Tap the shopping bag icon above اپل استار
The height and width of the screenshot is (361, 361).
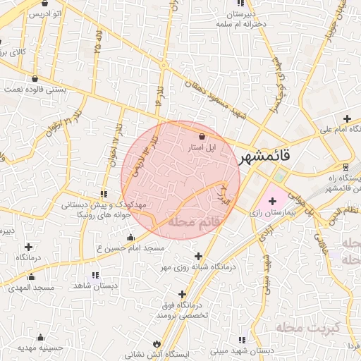202,136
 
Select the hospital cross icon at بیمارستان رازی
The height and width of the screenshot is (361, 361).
271,202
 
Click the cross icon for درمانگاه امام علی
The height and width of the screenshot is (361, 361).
346,118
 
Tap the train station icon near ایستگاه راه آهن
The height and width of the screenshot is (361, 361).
345,167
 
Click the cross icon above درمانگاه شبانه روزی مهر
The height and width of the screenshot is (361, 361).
198,256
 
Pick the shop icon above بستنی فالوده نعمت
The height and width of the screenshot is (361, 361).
35,78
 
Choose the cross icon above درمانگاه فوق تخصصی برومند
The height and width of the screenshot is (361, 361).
183,293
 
